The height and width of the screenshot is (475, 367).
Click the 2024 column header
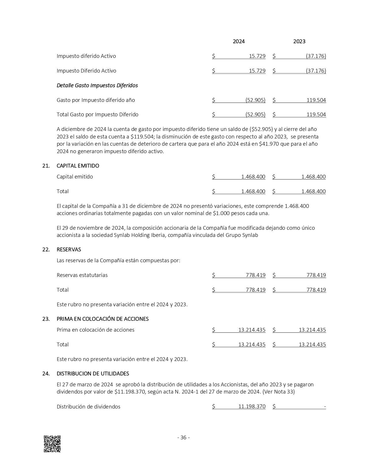coord(239,41)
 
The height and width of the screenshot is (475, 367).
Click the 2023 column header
coord(299,41)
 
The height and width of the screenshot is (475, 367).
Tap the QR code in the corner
coord(52,444)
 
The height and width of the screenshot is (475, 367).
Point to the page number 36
coord(183,438)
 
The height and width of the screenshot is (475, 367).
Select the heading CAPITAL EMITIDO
coord(78,166)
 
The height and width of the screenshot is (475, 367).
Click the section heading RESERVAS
coord(69,250)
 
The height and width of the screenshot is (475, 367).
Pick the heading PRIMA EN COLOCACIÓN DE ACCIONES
coord(102,319)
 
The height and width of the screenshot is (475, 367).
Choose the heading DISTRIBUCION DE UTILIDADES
coord(93,374)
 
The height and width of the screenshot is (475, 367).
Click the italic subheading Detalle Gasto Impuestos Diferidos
coord(97,85)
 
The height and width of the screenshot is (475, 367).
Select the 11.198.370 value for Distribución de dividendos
coord(252,407)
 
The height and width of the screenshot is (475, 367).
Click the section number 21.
coord(46,166)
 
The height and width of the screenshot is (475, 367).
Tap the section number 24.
coord(46,374)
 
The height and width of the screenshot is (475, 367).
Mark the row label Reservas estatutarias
coord(82,275)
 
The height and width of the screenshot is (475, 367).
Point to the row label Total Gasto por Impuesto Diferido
coord(97,115)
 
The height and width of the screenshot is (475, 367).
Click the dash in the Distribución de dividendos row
coord(325,407)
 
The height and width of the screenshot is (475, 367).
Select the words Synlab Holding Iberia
coord(134,235)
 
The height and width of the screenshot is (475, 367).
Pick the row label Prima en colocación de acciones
coord(95,330)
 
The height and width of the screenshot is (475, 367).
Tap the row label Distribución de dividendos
coord(88,407)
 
